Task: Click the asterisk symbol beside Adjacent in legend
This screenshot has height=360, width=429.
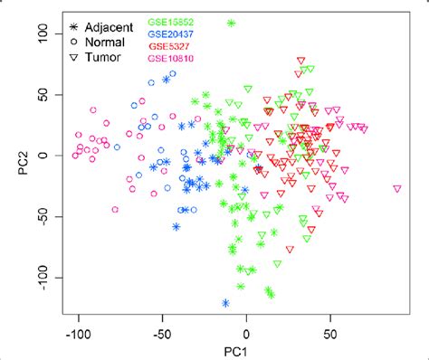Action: (74, 21)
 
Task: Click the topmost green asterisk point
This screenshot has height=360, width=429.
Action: (232, 23)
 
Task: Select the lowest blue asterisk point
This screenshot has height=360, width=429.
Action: (225, 303)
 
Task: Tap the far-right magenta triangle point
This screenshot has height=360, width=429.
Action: (397, 188)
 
